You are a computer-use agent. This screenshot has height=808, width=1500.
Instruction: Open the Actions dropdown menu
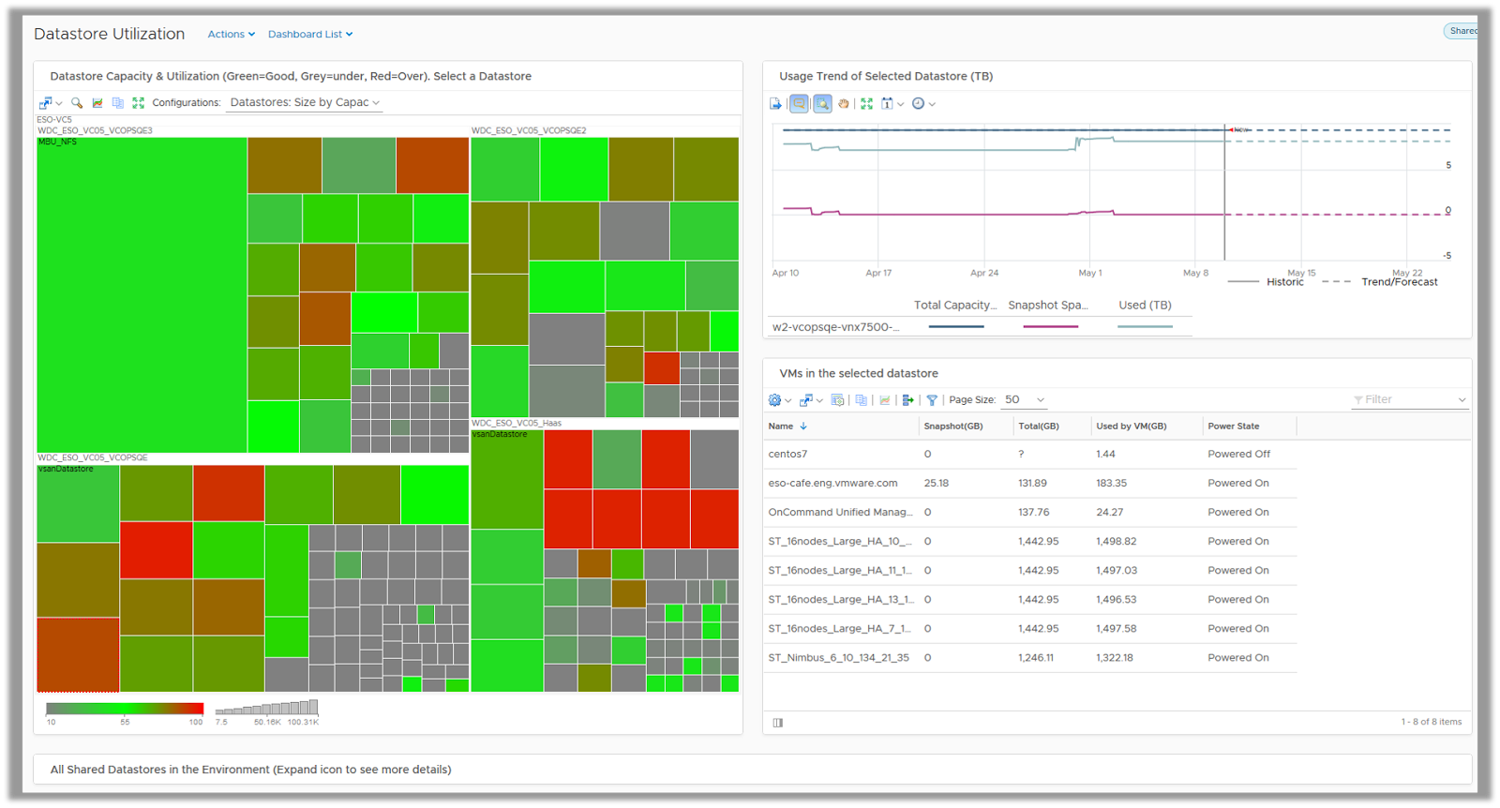point(231,35)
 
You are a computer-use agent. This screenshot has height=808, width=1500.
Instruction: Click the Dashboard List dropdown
point(309,35)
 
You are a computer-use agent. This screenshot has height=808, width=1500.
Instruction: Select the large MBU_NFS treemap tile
point(141,295)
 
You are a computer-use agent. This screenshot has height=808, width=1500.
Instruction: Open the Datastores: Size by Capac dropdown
point(305,103)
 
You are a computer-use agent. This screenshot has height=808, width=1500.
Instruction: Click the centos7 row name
point(787,454)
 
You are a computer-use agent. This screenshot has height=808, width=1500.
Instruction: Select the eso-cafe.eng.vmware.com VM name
point(832,484)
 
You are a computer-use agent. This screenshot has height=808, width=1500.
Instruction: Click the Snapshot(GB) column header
point(952,426)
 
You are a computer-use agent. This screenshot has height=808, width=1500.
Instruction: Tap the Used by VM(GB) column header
point(1131,426)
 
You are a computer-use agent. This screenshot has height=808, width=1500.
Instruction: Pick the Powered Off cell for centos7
point(1238,454)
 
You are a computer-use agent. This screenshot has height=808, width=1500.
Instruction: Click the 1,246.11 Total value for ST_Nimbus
point(1035,658)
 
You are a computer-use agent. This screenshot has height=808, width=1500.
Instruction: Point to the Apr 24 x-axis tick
point(983,273)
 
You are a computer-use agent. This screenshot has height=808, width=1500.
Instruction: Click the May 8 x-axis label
point(1195,273)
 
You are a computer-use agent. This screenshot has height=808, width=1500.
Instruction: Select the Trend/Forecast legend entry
point(1399,282)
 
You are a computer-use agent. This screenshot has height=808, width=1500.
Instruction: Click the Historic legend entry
point(1284,282)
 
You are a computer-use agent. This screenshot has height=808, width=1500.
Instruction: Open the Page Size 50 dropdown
point(1024,400)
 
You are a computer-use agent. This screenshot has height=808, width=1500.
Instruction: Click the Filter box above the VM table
point(1406,400)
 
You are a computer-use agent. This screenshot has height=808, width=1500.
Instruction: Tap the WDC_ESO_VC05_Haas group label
point(517,424)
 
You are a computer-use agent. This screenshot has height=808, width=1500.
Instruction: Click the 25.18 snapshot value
point(936,484)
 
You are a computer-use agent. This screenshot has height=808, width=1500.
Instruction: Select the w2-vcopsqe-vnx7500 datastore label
point(835,327)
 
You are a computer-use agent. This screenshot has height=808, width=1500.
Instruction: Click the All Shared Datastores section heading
point(250,770)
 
